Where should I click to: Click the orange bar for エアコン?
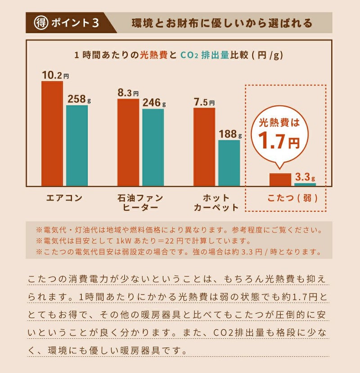point(52,134)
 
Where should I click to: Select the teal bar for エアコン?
point(77,146)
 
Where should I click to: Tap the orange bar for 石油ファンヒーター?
point(128,142)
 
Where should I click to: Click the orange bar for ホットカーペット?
point(204,147)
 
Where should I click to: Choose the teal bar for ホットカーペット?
point(229,163)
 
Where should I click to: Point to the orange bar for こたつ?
point(280,180)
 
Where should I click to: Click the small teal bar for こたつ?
point(305,184)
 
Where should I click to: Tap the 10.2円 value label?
point(55,75)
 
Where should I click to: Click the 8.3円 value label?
point(129,93)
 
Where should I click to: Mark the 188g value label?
point(230,134)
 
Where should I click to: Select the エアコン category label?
point(65,198)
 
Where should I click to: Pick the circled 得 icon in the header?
point(41,23)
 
